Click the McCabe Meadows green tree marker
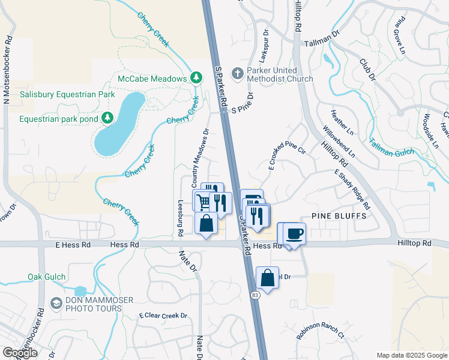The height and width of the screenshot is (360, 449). tap(196, 78)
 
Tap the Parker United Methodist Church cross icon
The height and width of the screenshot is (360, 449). tap(238, 73)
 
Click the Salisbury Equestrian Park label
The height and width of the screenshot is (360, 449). tap(67, 95)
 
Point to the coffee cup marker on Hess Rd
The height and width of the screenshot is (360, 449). tap(294, 233)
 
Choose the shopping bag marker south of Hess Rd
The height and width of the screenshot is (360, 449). tap(268, 278)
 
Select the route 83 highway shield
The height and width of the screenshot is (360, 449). tap(256, 295)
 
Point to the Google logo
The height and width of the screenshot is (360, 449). tap(19, 353)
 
